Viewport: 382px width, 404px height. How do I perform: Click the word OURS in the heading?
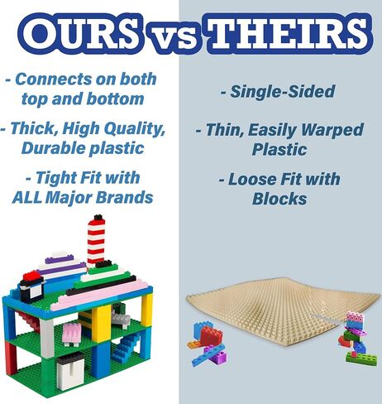point(81,34)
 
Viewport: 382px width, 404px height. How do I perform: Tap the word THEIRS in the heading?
point(289,34)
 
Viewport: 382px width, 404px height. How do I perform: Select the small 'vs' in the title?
point(173,38)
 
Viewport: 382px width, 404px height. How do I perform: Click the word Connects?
point(54,79)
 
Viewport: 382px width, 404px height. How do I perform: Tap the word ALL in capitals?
point(27,197)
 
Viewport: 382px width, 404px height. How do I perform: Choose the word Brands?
point(125,197)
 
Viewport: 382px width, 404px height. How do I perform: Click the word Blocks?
point(279,199)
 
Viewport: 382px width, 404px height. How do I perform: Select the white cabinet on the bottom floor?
point(70,370)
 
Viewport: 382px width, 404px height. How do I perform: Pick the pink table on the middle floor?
point(72,333)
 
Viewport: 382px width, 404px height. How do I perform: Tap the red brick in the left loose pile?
point(211,335)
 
